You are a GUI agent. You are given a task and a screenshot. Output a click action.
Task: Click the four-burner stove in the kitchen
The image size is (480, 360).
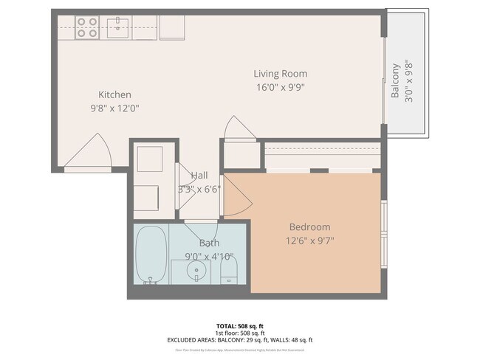(x=87, y=27)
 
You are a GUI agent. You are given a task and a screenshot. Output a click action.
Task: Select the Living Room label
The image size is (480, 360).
(x=280, y=74)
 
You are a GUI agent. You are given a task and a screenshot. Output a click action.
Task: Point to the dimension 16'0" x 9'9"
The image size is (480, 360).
(x=280, y=87)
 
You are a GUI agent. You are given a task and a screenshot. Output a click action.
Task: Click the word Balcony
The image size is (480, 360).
(x=396, y=80)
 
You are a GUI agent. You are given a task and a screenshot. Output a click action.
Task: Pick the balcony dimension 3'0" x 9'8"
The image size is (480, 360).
(x=410, y=80)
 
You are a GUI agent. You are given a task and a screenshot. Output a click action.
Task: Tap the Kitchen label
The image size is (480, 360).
(x=114, y=94)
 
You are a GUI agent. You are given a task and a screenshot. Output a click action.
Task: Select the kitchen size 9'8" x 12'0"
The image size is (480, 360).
(x=114, y=108)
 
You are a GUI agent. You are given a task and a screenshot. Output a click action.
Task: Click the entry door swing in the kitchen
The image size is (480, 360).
(x=92, y=151)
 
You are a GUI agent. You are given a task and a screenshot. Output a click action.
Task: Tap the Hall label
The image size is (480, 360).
(x=199, y=176)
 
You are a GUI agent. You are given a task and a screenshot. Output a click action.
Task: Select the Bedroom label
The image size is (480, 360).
(x=309, y=226)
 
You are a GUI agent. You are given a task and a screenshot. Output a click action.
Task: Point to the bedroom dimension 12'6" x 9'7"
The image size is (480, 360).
(x=309, y=240)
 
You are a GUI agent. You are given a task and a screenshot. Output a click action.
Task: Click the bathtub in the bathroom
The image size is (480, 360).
(x=151, y=255)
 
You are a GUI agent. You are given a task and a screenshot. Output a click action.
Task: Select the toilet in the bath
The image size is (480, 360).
(x=228, y=270)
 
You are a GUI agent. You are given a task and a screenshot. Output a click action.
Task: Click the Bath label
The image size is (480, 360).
(x=209, y=243)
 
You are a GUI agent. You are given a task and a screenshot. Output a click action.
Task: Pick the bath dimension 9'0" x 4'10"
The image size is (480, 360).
(x=209, y=257)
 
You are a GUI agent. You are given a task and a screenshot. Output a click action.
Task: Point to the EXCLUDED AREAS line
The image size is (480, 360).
(x=239, y=340)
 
